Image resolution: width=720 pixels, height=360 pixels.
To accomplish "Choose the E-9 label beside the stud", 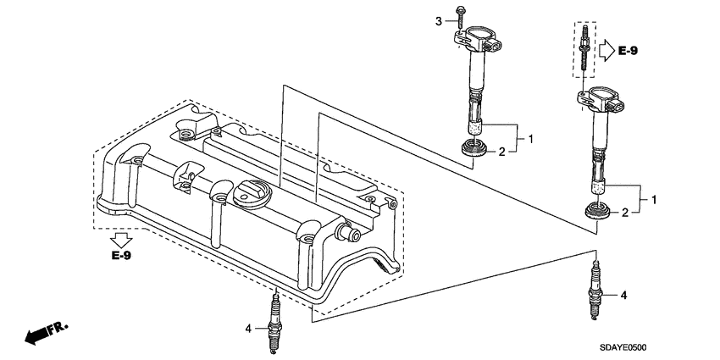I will click(628, 52).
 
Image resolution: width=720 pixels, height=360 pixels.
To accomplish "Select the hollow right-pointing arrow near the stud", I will click(604, 50).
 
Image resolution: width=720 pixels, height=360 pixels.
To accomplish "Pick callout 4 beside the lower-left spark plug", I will click(248, 328).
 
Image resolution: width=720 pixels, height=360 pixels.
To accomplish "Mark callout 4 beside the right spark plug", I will click(623, 296).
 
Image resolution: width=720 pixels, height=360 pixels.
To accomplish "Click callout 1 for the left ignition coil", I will click(530, 137).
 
